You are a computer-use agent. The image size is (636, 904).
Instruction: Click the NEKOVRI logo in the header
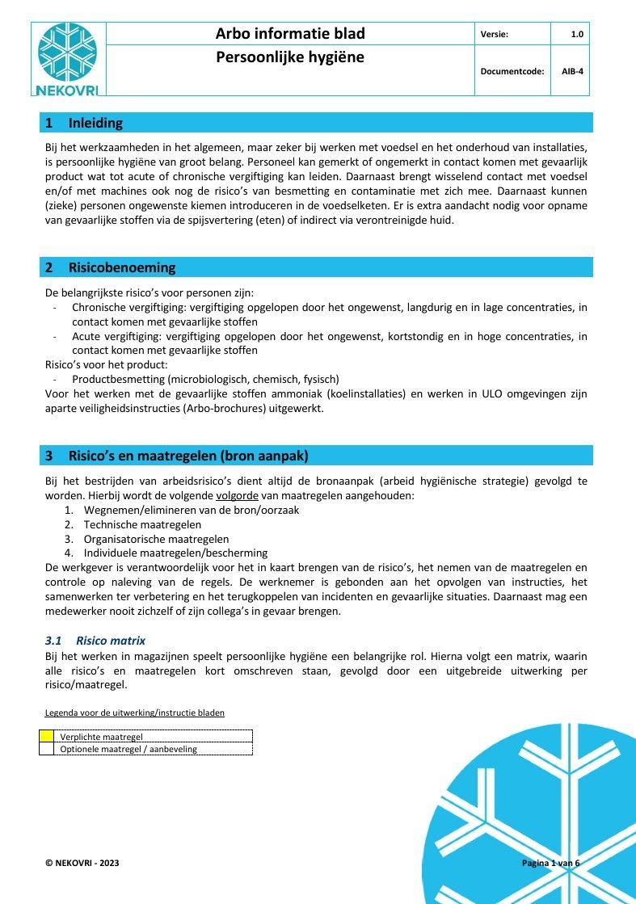pos(67,59)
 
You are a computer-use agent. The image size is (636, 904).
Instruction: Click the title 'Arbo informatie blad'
pos(290,33)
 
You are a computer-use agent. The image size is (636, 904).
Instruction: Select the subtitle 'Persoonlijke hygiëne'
pos(290,57)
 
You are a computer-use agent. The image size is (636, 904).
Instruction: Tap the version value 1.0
pos(576,34)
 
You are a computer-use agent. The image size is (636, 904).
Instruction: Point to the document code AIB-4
pos(572,71)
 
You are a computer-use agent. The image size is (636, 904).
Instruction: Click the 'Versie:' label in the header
pos(494,34)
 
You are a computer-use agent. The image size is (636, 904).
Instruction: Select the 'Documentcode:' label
pos(512,71)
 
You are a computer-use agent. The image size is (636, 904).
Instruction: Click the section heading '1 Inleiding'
pos(84,123)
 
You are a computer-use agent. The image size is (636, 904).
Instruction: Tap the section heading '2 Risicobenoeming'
pos(110,267)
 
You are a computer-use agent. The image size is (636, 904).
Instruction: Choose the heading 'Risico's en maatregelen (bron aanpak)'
pos(187,456)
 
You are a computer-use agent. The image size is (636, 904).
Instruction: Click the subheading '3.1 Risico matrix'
pos(95,641)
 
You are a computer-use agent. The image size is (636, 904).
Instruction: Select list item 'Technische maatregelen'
pos(142,524)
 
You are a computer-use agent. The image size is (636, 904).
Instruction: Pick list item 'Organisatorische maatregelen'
pos(156,539)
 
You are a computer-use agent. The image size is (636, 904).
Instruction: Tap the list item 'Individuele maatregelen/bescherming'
pos(175,553)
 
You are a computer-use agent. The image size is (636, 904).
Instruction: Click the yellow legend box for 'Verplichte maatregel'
pos(47,736)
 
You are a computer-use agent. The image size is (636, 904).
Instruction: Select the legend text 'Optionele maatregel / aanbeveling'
pos(128,749)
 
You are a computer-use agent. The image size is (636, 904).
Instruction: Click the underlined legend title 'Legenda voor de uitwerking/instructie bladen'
pos(134,713)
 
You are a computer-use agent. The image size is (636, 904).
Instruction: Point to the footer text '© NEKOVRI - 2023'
pos(82,864)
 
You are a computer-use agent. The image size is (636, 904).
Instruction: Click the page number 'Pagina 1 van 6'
pos(550,863)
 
